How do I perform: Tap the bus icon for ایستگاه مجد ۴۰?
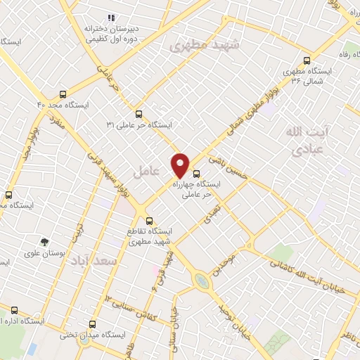click(x=63, y=94)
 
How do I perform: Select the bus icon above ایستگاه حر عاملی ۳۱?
click(x=139, y=112)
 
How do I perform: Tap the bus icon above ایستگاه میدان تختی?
click(x=93, y=324)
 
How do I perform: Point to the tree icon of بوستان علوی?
click(x=44, y=241)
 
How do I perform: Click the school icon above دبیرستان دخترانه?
click(x=110, y=18)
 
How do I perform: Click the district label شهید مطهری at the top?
click(x=205, y=46)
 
